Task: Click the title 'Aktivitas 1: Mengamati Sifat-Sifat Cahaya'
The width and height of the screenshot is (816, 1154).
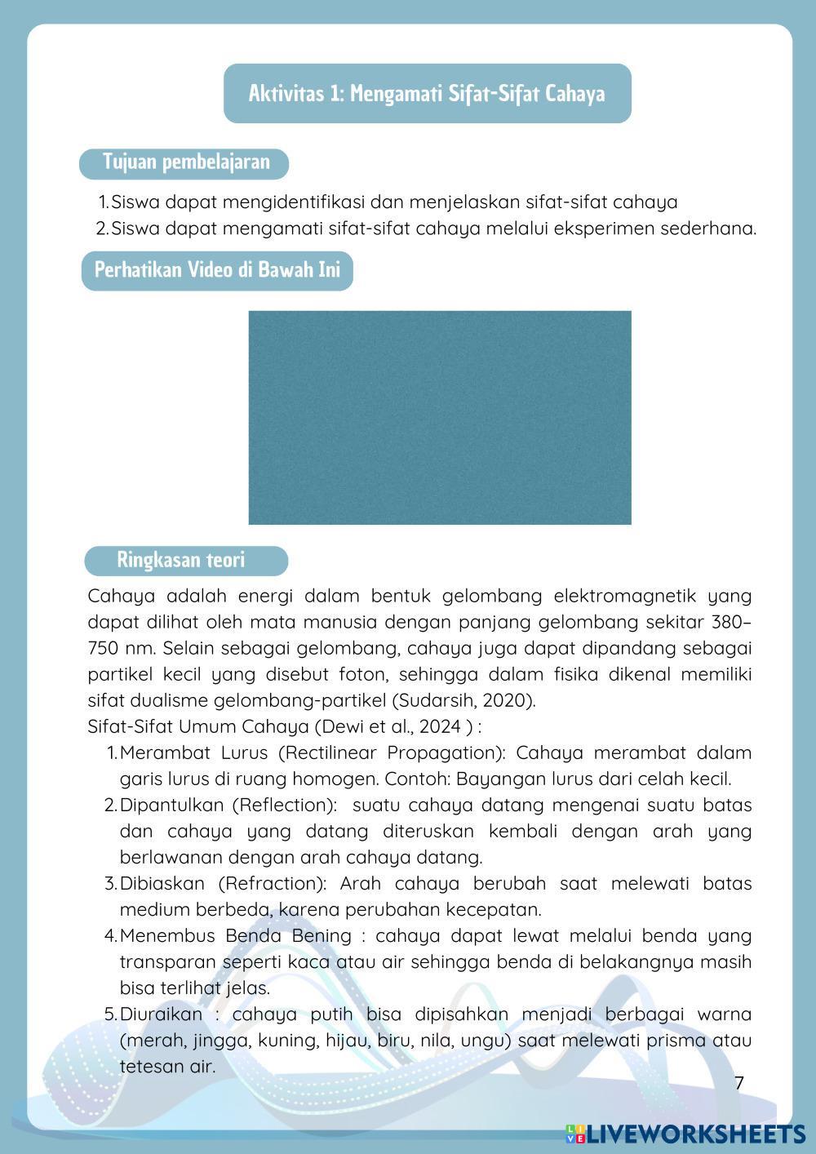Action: point(427,93)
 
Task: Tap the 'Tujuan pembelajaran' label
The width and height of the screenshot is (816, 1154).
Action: point(185,162)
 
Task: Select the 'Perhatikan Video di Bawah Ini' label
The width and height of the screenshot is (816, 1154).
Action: point(217,269)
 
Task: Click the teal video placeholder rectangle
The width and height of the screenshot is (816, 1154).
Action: point(440,417)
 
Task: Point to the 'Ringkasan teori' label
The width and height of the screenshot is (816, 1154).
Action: point(180,560)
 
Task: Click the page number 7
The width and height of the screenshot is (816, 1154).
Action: point(739,1083)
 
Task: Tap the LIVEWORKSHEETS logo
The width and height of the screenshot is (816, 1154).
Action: point(685,1134)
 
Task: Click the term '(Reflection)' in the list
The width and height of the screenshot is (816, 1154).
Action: point(285,805)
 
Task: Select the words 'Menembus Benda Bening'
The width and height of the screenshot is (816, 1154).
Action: point(236,935)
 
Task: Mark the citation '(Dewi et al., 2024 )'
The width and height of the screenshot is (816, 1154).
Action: point(392,726)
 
